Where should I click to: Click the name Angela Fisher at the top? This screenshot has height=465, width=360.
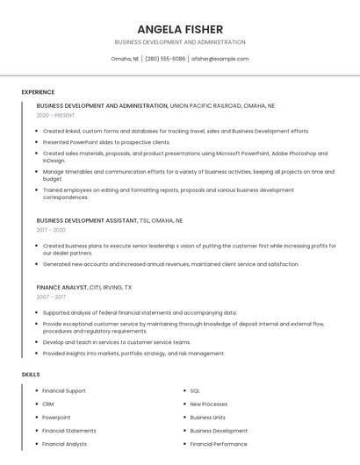coord(180,29)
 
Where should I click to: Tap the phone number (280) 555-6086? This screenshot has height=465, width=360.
coord(165,59)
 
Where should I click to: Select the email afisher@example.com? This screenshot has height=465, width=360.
coord(220,59)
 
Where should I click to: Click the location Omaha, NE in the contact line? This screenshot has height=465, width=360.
coord(125,59)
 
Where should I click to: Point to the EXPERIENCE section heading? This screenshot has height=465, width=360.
coord(38,91)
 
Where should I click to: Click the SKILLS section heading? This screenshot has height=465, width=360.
coord(31,375)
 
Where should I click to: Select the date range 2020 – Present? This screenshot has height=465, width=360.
coord(55,115)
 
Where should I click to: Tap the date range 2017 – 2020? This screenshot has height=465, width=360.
coord(52,230)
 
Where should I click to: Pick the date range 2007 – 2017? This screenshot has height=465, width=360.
coord(51,297)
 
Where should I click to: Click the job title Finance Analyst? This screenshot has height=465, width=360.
coord(61,287)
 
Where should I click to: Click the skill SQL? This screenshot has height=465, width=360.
coord(195,390)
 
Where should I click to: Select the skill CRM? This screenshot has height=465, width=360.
coord(48,404)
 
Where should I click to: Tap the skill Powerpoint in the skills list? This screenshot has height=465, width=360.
coord(56,418)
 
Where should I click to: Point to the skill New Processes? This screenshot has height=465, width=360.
coord(209,404)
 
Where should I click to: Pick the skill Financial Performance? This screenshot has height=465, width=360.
coord(219,444)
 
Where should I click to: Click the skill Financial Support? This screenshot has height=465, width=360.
coord(64,390)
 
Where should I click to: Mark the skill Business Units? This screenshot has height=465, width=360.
coord(208,418)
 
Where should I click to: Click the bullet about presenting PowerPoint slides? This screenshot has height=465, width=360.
coord(106,142)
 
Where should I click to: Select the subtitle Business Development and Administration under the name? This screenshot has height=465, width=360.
coord(180,42)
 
